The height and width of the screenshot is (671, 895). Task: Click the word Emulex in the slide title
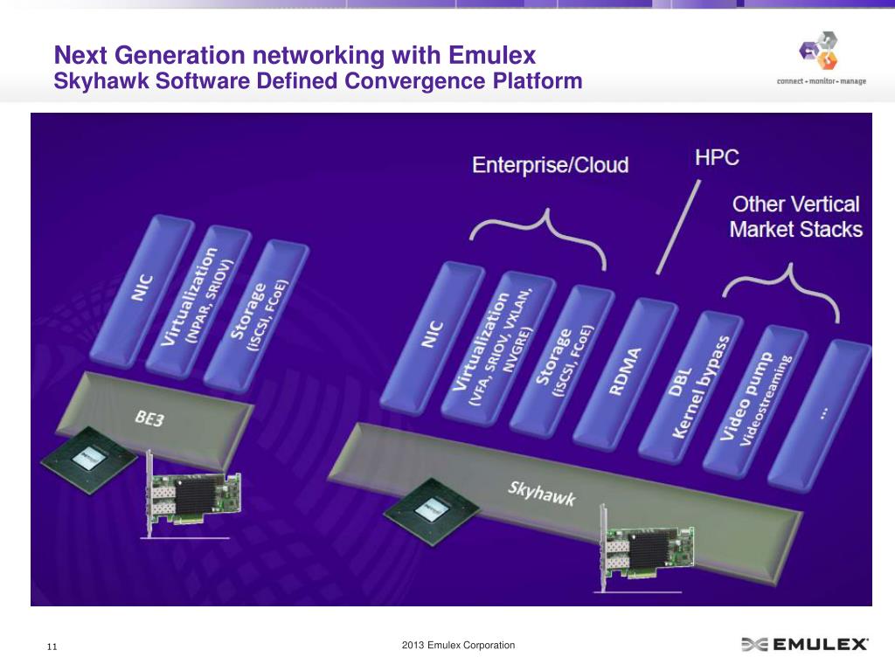tap(491, 56)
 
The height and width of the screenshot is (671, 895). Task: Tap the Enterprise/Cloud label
tap(550, 164)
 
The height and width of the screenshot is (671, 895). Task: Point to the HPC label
tap(717, 158)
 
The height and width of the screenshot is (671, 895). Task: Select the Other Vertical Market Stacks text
tap(795, 217)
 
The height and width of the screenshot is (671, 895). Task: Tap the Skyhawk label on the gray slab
tap(542, 494)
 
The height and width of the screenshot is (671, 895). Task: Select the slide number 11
tap(52, 647)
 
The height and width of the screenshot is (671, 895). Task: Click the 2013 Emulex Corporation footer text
tap(458, 646)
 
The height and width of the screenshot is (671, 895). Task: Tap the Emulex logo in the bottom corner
tap(804, 645)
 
